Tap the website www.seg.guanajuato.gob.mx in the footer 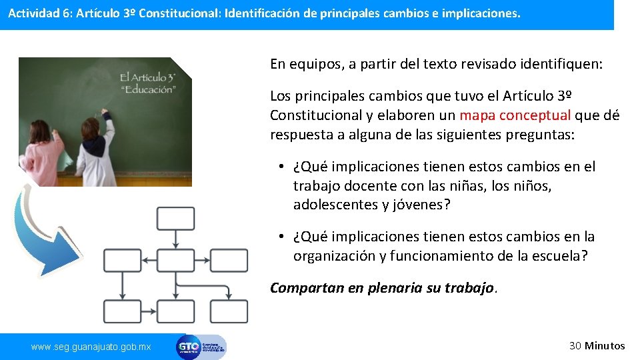tap(91, 347)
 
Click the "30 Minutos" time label tap(597, 345)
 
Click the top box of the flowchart tap(175, 218)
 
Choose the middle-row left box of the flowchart tap(123, 260)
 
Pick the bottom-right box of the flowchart tap(229, 311)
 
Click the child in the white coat tap(95, 153)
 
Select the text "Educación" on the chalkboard tap(149, 89)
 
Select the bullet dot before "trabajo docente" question tap(283, 167)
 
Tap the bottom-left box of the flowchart tap(123, 311)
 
